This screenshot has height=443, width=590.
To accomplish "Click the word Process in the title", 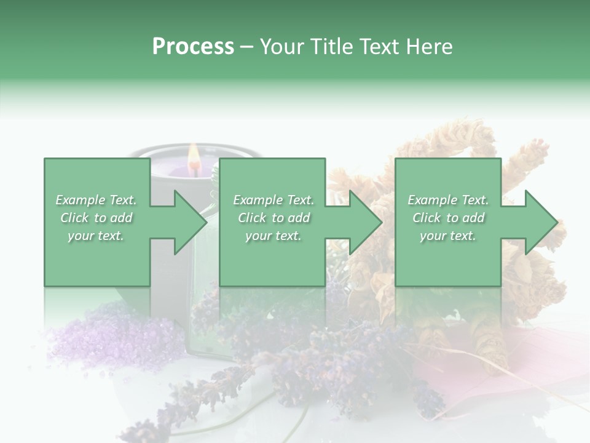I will (193, 47).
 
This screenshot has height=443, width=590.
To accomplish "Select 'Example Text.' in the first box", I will (96, 200).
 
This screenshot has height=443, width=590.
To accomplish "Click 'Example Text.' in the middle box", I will (273, 200).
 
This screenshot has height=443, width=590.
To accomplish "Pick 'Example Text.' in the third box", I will (448, 200).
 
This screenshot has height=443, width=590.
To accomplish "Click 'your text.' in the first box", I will (96, 236).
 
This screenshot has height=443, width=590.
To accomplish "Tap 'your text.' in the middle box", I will (273, 236).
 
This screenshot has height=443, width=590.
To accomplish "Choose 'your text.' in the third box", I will (448, 236).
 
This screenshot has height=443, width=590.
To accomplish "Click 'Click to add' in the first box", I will (96, 218).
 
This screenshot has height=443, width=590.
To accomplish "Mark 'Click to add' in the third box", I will (448, 218).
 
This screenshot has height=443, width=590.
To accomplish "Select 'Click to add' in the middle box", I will (273, 218).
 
